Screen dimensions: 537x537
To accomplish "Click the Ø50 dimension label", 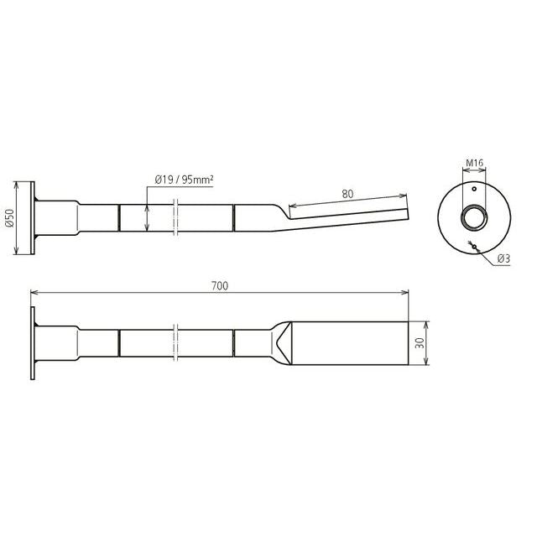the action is click(10, 218).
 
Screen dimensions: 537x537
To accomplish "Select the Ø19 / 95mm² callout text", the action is click(184, 179).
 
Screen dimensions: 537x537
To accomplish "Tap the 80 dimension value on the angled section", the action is click(347, 194).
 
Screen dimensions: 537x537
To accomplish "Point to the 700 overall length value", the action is click(220, 285).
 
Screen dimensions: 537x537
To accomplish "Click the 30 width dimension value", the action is click(420, 343).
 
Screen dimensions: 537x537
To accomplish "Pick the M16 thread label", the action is click(474, 163).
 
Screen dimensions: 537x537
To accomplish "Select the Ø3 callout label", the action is click(503, 258).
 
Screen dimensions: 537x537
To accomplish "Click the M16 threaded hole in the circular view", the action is click(474, 216).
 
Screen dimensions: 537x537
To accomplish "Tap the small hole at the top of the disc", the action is click(474, 189).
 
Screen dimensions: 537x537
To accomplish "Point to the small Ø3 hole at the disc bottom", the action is click(474, 246).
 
